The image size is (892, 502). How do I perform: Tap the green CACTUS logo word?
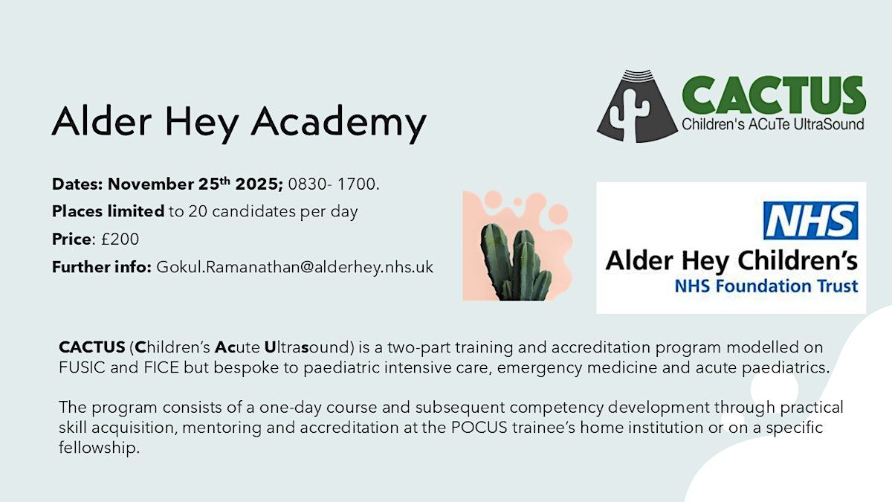coord(773,96)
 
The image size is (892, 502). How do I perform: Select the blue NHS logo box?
coord(811,221)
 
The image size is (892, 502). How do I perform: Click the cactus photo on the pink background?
coord(517,245)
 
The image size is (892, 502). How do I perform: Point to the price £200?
coord(120,239)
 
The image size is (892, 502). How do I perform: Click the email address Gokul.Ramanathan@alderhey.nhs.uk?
coord(294,267)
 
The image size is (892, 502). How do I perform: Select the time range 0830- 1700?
coord(334,184)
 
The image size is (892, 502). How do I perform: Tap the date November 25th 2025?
coord(195,184)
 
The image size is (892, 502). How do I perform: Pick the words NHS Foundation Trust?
coord(766,286)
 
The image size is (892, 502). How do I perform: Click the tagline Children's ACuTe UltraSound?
coord(773,124)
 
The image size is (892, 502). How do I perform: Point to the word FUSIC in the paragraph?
coord(82,367)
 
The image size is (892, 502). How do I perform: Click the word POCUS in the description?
coord(479,428)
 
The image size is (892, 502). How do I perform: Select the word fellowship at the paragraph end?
coord(100,448)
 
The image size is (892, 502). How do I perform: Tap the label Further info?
coord(102,267)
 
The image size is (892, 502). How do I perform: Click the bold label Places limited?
coord(108,211)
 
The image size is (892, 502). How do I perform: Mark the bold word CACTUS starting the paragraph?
coord(92,347)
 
